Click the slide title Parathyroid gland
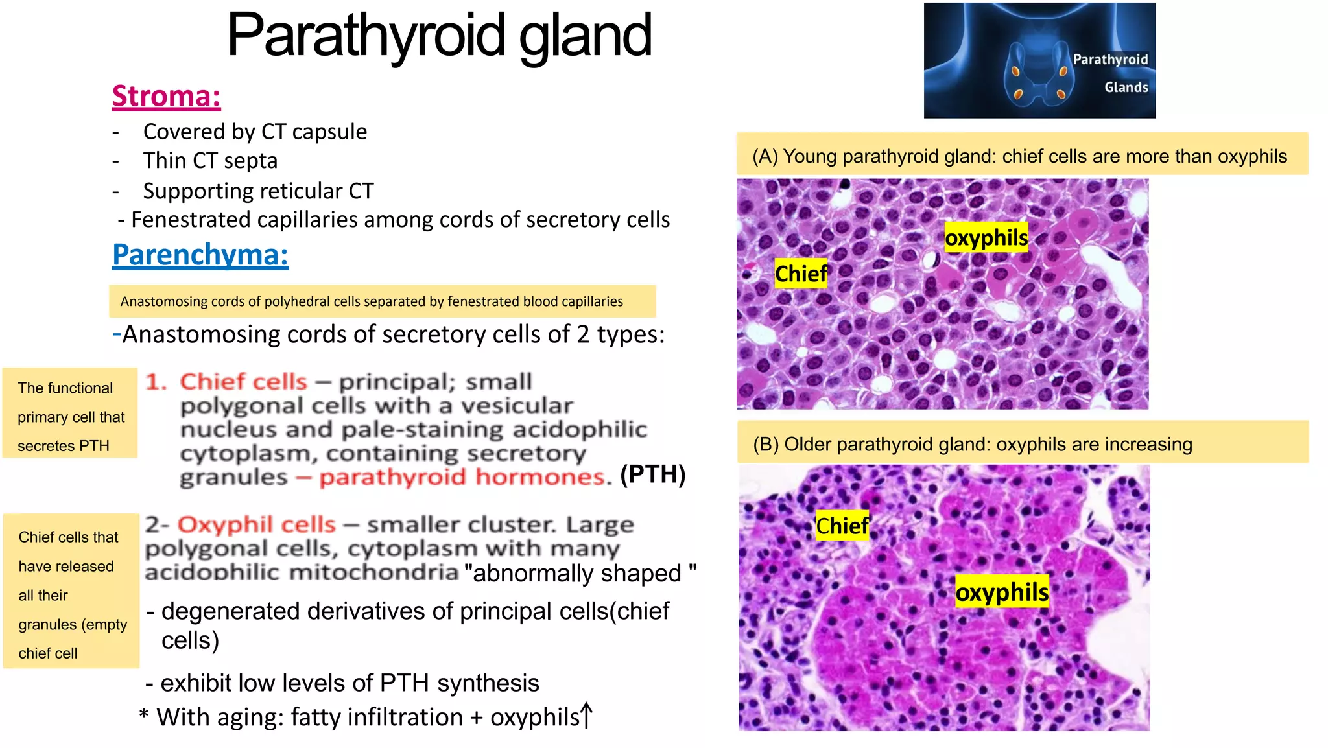tap(439, 36)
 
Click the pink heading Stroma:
tap(166, 96)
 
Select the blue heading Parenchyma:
tap(200, 254)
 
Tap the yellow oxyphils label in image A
tap(986, 238)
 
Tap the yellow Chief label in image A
tap(801, 274)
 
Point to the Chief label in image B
tap(842, 526)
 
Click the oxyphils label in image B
tap(1002, 592)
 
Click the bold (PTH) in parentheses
tap(652, 474)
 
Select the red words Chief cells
tap(243, 382)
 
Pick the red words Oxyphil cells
tap(256, 524)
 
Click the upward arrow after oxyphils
tap(586, 716)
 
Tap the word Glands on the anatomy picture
tap(1126, 88)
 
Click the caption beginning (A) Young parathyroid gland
tap(1019, 156)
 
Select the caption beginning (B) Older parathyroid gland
tap(972, 445)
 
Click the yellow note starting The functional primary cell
tap(70, 416)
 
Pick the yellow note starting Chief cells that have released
tap(71, 594)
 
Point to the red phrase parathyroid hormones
tap(464, 478)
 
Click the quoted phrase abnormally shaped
tap(580, 574)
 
